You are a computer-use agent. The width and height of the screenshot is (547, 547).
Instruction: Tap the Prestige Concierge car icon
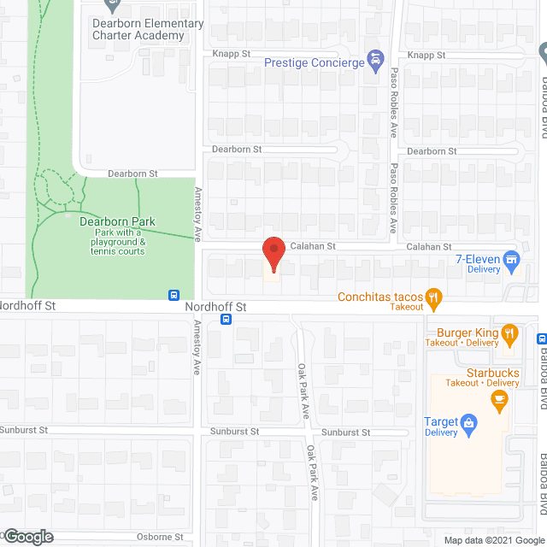374,62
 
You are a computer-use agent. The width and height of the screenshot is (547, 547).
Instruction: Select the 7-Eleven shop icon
512,259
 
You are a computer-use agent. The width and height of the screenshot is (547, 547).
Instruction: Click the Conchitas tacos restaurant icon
434,297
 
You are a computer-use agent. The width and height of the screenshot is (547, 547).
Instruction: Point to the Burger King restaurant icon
510,332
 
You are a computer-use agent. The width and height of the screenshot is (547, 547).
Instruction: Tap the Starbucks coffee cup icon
503,397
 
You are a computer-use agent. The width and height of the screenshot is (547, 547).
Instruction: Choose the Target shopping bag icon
468,421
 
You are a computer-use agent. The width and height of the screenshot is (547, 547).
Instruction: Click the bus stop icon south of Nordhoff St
226,320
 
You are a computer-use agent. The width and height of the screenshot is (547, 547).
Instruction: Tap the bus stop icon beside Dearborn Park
174,294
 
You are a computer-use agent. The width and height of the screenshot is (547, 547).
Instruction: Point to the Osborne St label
161,537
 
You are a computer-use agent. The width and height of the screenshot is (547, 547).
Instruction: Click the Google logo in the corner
27,537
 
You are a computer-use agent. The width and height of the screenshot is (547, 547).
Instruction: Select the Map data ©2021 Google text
493,540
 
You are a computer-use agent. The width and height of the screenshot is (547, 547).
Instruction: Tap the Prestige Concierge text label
313,62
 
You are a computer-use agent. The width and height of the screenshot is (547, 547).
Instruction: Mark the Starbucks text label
493,373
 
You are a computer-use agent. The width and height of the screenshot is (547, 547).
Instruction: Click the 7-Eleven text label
478,258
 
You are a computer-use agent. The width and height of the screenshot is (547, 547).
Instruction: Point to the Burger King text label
467,332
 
